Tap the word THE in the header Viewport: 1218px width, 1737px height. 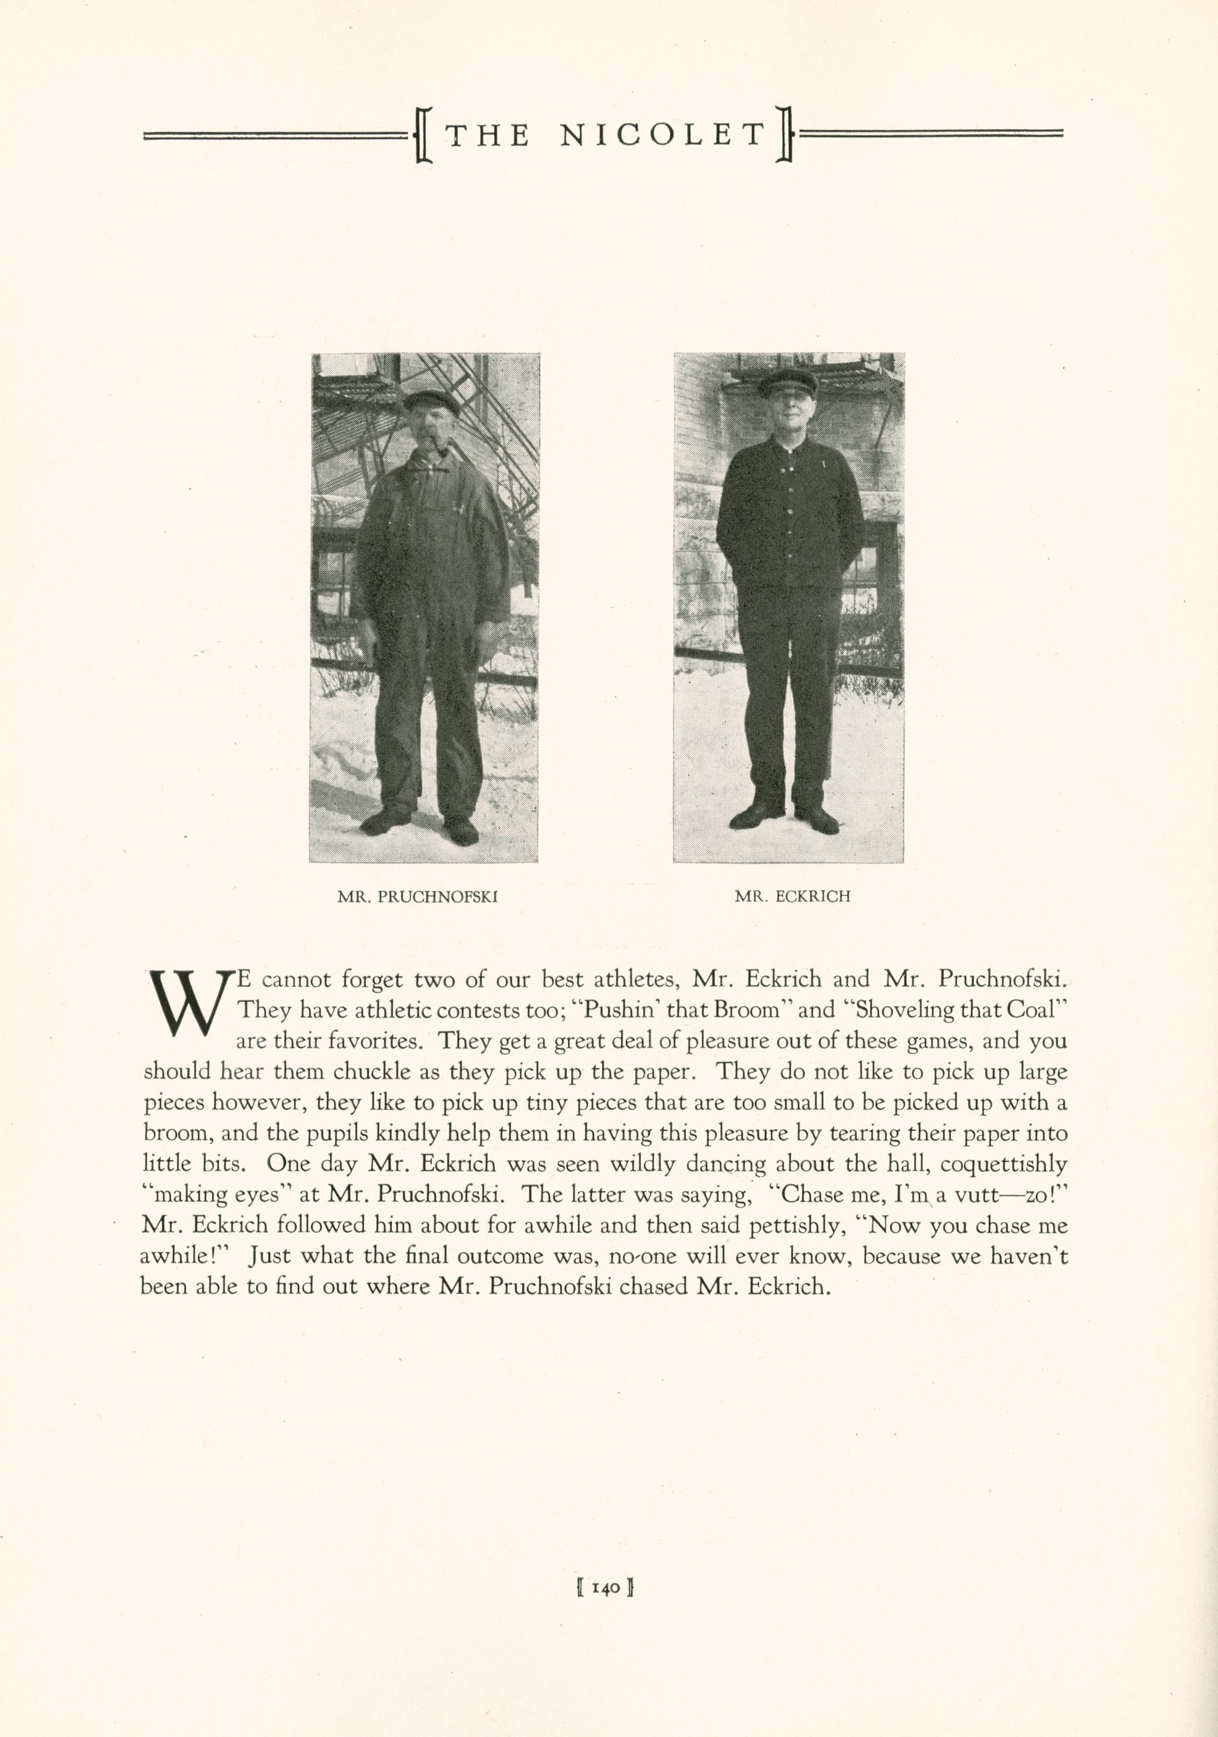coord(487,135)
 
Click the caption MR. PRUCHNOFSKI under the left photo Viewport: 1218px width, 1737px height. coord(417,897)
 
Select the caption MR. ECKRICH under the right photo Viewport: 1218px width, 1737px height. coord(792,897)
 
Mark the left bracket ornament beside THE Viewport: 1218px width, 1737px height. coord(423,135)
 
